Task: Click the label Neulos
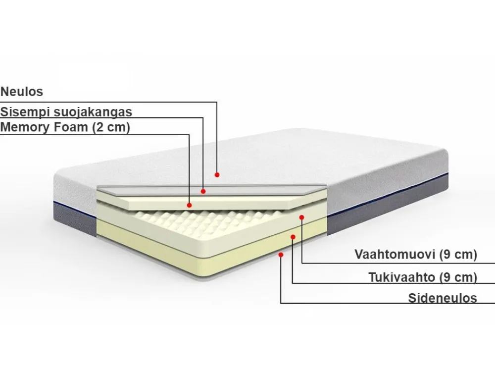pos(21,92)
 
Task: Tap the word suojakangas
pos(92,112)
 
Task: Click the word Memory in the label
pos(25,127)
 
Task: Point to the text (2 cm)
pos(111,128)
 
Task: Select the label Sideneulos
pos(442,298)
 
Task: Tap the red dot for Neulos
pos(217,175)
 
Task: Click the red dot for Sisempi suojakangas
pos(203,191)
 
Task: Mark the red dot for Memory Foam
pos(189,205)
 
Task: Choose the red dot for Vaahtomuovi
pos(301,217)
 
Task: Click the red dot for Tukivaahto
pos(293,237)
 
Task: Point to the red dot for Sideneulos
pos(281,255)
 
